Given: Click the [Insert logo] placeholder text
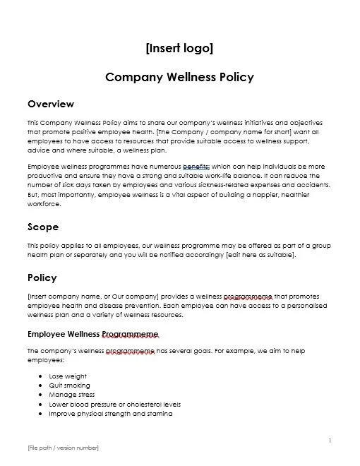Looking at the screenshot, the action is pyautogui.click(x=179, y=48).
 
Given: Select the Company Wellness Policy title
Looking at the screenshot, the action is pyautogui.click(x=179, y=76).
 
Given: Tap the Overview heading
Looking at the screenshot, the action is pyautogui.click(x=50, y=104).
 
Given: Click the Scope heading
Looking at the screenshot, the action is pyautogui.click(x=43, y=227).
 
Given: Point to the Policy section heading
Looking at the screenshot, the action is pyautogui.click(x=42, y=277).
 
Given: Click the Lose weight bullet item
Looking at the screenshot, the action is pyautogui.click(x=67, y=377).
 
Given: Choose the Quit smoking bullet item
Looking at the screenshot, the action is pyautogui.click(x=70, y=386).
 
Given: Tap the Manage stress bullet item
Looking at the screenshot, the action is pyautogui.click(x=71, y=395).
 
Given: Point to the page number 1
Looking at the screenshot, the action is pyautogui.click(x=330, y=441).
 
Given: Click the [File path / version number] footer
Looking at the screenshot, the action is pyautogui.click(x=63, y=448).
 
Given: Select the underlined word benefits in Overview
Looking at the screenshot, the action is pyautogui.click(x=196, y=167).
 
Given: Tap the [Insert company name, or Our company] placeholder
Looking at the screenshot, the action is pyautogui.click(x=95, y=297).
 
